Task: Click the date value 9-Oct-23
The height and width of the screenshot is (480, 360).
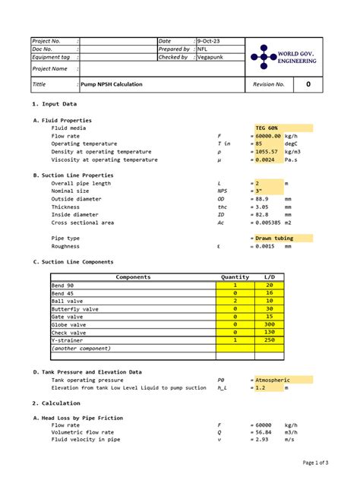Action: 209,40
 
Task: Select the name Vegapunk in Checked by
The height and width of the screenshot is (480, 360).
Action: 212,57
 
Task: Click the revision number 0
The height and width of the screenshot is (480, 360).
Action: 308,85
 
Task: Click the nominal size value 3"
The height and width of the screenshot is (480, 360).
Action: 258,191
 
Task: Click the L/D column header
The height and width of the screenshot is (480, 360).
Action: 269,277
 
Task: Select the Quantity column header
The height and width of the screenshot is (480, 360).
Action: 235,277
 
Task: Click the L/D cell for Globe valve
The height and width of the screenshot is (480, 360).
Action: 269,324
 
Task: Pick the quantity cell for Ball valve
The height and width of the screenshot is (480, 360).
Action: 235,301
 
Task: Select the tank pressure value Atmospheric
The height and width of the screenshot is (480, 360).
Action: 273,380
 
